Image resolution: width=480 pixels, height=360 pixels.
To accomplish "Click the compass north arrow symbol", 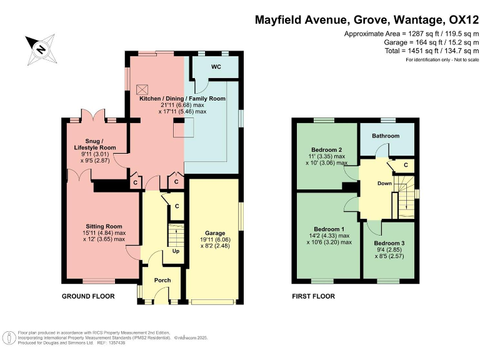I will (41, 49).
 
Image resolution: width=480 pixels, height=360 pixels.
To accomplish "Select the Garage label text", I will (212, 232).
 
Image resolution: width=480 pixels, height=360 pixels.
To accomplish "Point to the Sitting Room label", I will (104, 226).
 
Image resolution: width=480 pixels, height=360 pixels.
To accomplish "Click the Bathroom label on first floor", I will (386, 135).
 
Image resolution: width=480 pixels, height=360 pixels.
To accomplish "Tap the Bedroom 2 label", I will (326, 150).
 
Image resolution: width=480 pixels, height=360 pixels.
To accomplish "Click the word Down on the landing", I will (384, 184).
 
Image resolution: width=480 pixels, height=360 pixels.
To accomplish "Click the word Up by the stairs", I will (177, 252).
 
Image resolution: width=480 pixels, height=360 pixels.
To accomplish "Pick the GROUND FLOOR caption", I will (87, 296).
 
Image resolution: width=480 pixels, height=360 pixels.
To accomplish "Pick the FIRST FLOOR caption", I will (313, 296).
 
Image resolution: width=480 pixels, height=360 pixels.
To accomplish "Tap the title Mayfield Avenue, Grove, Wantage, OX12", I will (365, 19).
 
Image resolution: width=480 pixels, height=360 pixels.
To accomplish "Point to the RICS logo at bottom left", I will (9, 338).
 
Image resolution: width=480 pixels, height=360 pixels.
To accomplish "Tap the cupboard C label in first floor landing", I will (406, 164).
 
